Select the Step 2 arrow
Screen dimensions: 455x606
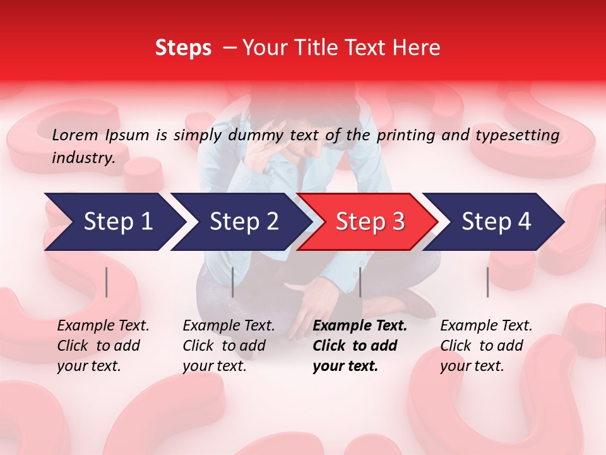(x=244, y=222)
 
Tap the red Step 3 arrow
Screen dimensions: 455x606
(x=370, y=222)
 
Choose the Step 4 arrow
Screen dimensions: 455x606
(x=496, y=222)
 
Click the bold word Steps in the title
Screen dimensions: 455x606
(x=183, y=48)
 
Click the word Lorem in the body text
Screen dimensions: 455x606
(x=75, y=135)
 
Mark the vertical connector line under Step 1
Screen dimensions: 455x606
(x=107, y=282)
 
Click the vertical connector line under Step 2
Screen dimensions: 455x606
(x=233, y=282)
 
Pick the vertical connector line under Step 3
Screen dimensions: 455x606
(x=360, y=282)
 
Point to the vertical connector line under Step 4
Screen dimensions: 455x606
(x=488, y=282)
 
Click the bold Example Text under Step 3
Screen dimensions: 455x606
(x=360, y=326)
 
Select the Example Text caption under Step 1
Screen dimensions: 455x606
(x=103, y=326)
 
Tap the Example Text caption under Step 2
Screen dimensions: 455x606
(x=229, y=326)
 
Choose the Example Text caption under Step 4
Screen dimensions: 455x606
(x=486, y=326)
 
